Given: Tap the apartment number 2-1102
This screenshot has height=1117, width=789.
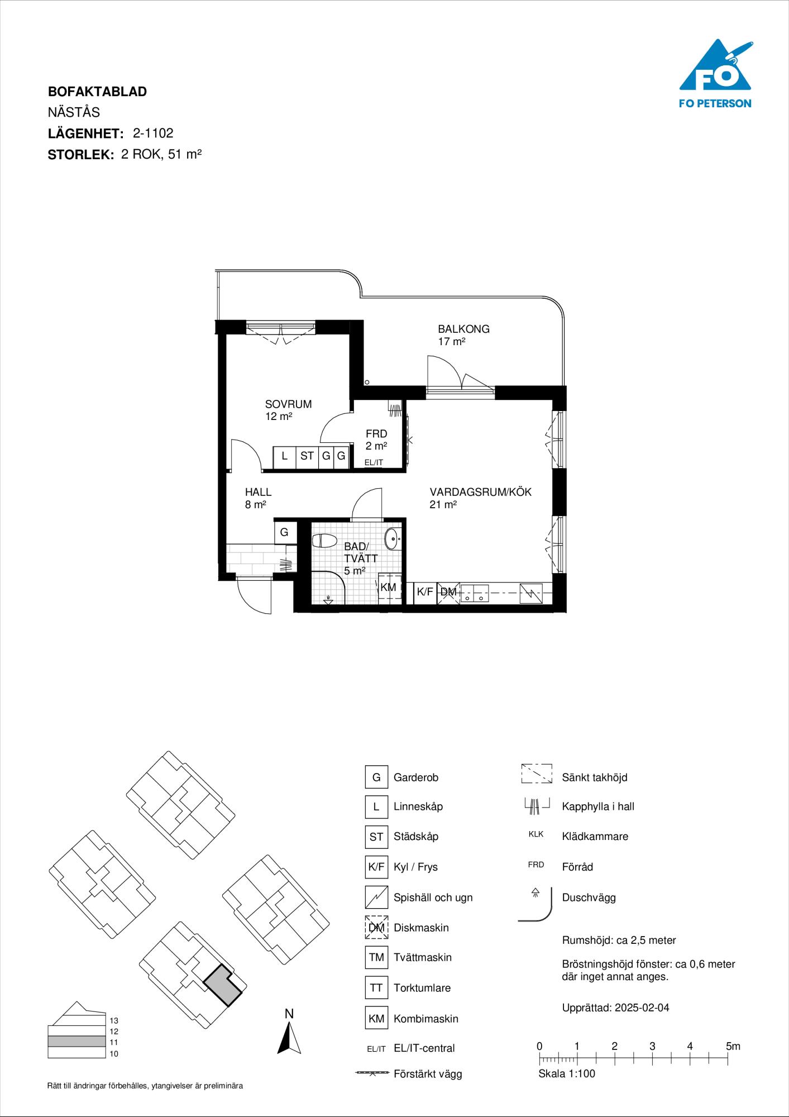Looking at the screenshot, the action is (x=153, y=133).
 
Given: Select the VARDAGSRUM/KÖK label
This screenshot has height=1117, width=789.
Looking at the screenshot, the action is (x=480, y=492).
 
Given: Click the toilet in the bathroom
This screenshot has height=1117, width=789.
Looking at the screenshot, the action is (x=325, y=541).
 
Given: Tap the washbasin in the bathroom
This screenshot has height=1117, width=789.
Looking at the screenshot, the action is (x=393, y=539).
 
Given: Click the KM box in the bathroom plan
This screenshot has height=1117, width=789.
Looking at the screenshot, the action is (x=388, y=587).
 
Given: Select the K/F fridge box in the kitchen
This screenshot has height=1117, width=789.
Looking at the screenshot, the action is (x=425, y=592).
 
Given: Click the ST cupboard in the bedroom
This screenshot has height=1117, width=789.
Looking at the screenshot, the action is (x=307, y=456).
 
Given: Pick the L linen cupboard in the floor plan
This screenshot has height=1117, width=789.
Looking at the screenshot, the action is (x=284, y=456).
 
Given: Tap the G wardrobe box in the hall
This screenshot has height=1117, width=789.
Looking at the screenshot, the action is (x=284, y=532).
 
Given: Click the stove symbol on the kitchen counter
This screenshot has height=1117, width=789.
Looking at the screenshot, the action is (x=530, y=593).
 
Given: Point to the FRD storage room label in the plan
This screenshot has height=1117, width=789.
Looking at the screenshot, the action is (x=376, y=433).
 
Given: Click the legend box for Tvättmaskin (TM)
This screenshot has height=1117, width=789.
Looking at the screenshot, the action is (x=376, y=957).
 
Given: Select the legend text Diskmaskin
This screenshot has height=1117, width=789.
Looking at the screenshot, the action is (x=421, y=928).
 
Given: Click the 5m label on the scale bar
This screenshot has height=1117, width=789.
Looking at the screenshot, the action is (x=733, y=1046).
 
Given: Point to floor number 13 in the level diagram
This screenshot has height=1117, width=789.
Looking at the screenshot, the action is (x=114, y=1020).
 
